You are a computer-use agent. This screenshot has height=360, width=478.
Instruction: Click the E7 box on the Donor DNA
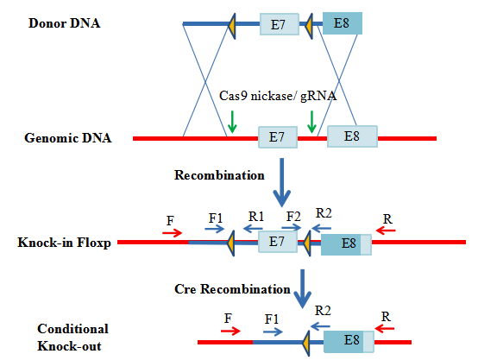tap(280, 24)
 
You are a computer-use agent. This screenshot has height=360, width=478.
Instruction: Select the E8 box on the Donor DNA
tap(343, 23)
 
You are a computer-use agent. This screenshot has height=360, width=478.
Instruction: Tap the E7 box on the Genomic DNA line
tap(278, 137)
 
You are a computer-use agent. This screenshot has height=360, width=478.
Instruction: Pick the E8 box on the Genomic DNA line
tap(352, 136)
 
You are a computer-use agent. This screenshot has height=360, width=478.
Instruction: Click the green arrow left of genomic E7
tap(232, 122)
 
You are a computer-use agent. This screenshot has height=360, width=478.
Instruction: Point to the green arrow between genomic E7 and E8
tap(311, 122)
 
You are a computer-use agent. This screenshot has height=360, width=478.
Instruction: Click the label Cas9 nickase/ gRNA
tap(278, 96)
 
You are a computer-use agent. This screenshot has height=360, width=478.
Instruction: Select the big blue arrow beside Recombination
tap(281, 182)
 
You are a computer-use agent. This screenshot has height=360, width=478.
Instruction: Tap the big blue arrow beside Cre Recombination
tap(302, 288)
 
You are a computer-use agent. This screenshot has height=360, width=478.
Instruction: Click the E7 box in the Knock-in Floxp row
tap(278, 242)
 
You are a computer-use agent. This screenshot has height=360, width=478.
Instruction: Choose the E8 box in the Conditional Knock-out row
tap(349, 342)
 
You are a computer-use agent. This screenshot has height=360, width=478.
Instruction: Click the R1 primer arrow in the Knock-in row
tap(253, 229)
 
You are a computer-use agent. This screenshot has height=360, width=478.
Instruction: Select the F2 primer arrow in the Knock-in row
tap(292, 228)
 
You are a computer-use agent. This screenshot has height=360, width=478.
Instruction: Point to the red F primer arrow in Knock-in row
tap(172, 233)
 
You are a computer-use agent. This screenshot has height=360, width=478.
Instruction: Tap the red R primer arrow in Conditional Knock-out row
tap(385, 329)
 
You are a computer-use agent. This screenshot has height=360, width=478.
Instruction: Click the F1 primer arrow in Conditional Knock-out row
tap(273, 332)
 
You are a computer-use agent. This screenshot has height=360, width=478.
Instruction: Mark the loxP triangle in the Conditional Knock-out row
tap(306, 344)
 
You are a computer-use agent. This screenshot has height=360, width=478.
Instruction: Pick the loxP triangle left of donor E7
tap(232, 26)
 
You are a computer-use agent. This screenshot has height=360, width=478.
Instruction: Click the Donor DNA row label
tap(65, 23)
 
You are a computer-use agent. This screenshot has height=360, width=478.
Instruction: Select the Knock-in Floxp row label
tap(64, 243)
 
